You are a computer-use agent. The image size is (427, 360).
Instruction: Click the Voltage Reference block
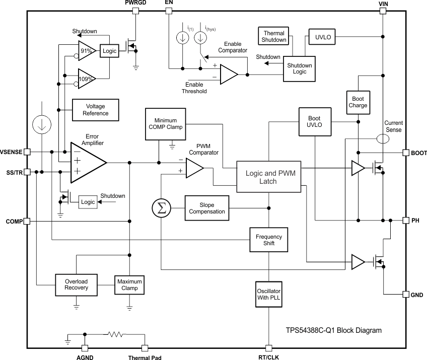96,110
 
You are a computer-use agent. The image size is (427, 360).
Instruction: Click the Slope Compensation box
207,208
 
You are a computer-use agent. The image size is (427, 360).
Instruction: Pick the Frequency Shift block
269,240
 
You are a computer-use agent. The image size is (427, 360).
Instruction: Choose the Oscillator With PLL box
269,295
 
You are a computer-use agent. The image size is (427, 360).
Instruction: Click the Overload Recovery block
76,284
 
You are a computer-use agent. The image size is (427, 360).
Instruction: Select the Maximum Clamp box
129,284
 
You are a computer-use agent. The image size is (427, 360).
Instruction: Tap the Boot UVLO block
315,121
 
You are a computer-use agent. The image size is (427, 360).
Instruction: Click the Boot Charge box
358,102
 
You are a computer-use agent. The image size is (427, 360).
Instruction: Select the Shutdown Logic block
300,68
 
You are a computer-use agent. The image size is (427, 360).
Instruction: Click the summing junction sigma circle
161,208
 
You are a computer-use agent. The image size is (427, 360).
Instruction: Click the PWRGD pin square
135,11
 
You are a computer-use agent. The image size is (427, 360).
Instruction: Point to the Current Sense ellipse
383,138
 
